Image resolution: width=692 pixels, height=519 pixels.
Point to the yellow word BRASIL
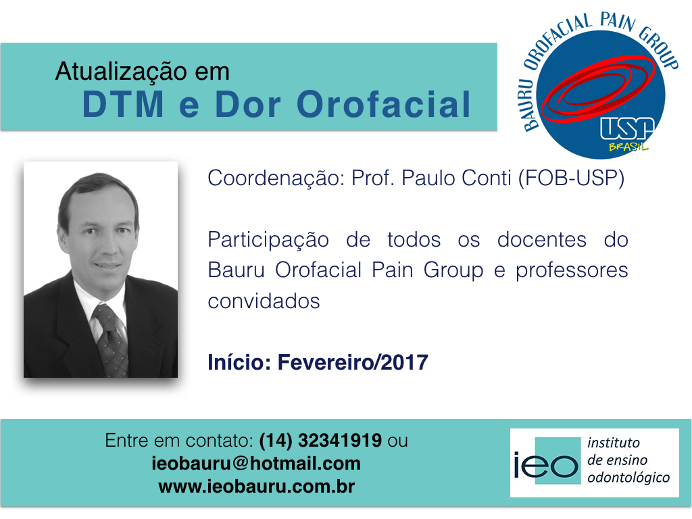click(x=628, y=146)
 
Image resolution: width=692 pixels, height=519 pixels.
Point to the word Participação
click(x=268, y=240)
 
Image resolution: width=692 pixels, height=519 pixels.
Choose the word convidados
click(x=264, y=300)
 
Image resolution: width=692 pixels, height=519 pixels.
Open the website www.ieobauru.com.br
click(x=256, y=486)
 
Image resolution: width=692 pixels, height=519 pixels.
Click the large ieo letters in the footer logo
click(x=546, y=465)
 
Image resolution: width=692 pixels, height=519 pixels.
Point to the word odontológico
click(x=628, y=477)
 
